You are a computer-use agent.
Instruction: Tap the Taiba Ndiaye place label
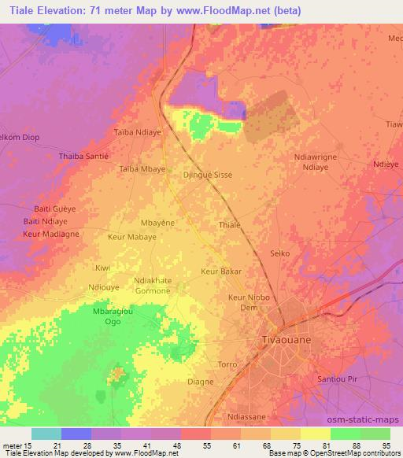pos(138,132)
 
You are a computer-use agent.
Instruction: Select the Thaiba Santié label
pos(84,157)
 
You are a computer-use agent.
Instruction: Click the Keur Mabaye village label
pos(131,235)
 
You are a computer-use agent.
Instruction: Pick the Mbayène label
pos(157,223)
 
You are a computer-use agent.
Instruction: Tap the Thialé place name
pos(229,224)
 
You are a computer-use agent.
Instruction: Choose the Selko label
pos(281,253)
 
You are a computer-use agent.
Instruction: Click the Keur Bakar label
pos(221,271)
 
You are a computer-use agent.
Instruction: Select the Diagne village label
pos(201,382)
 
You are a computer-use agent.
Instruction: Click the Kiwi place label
pos(103,268)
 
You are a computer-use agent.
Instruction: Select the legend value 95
pos(387,445)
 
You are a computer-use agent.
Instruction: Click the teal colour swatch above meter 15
pos(46,434)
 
